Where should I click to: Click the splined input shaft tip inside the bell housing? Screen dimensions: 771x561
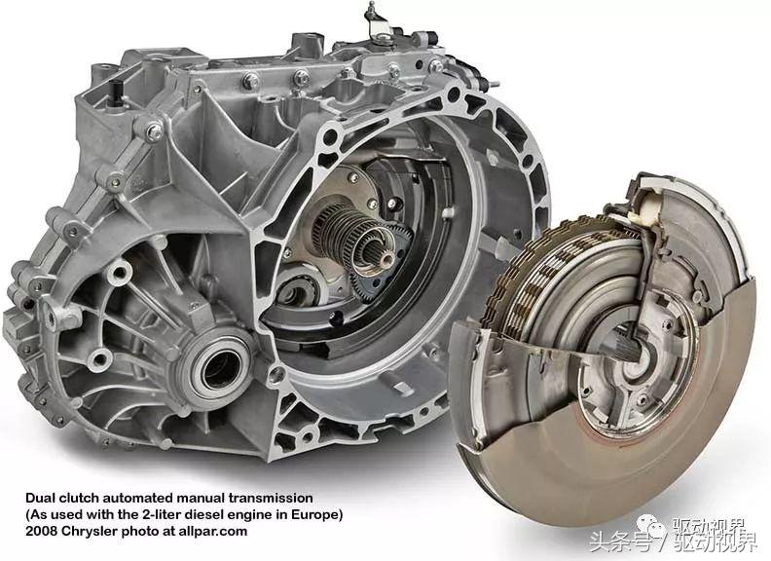click(380, 255)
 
